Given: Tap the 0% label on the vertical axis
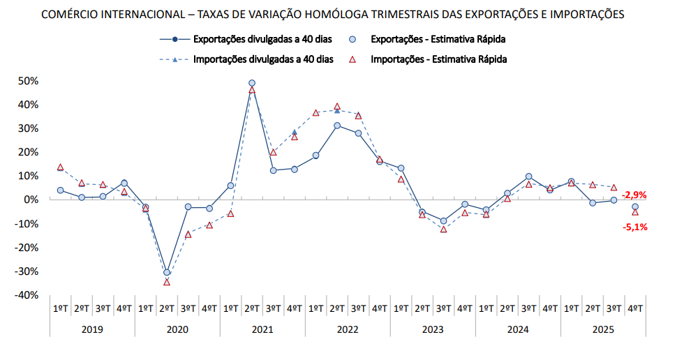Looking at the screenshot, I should [31, 200].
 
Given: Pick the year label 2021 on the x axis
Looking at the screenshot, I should [262, 329].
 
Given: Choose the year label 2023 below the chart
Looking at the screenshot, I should [433, 329].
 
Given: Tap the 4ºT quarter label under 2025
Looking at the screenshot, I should [635, 308].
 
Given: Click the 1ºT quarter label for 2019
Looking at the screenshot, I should [61, 308].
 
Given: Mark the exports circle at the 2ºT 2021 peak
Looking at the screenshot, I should [252, 83].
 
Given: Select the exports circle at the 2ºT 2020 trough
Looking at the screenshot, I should [167, 273].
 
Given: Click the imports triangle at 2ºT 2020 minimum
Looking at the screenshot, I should [167, 282].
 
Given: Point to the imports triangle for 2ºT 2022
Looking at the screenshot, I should [337, 107].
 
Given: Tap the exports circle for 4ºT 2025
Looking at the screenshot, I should [635, 207].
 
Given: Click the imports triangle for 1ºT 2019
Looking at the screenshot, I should [61, 167].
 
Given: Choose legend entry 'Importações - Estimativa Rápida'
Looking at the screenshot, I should [439, 59].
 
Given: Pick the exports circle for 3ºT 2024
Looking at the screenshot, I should [528, 177].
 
